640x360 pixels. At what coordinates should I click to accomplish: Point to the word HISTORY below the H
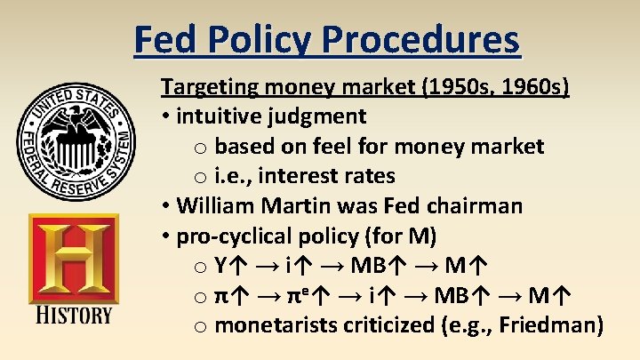tap(74, 315)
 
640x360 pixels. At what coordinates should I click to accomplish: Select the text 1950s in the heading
tap(450, 87)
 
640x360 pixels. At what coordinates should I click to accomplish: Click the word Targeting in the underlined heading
tap(203, 87)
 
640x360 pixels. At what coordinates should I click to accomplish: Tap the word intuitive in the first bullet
tap(219, 116)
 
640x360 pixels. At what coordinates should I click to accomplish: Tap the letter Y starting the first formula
tap(221, 266)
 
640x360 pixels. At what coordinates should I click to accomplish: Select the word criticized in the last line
tap(388, 325)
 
